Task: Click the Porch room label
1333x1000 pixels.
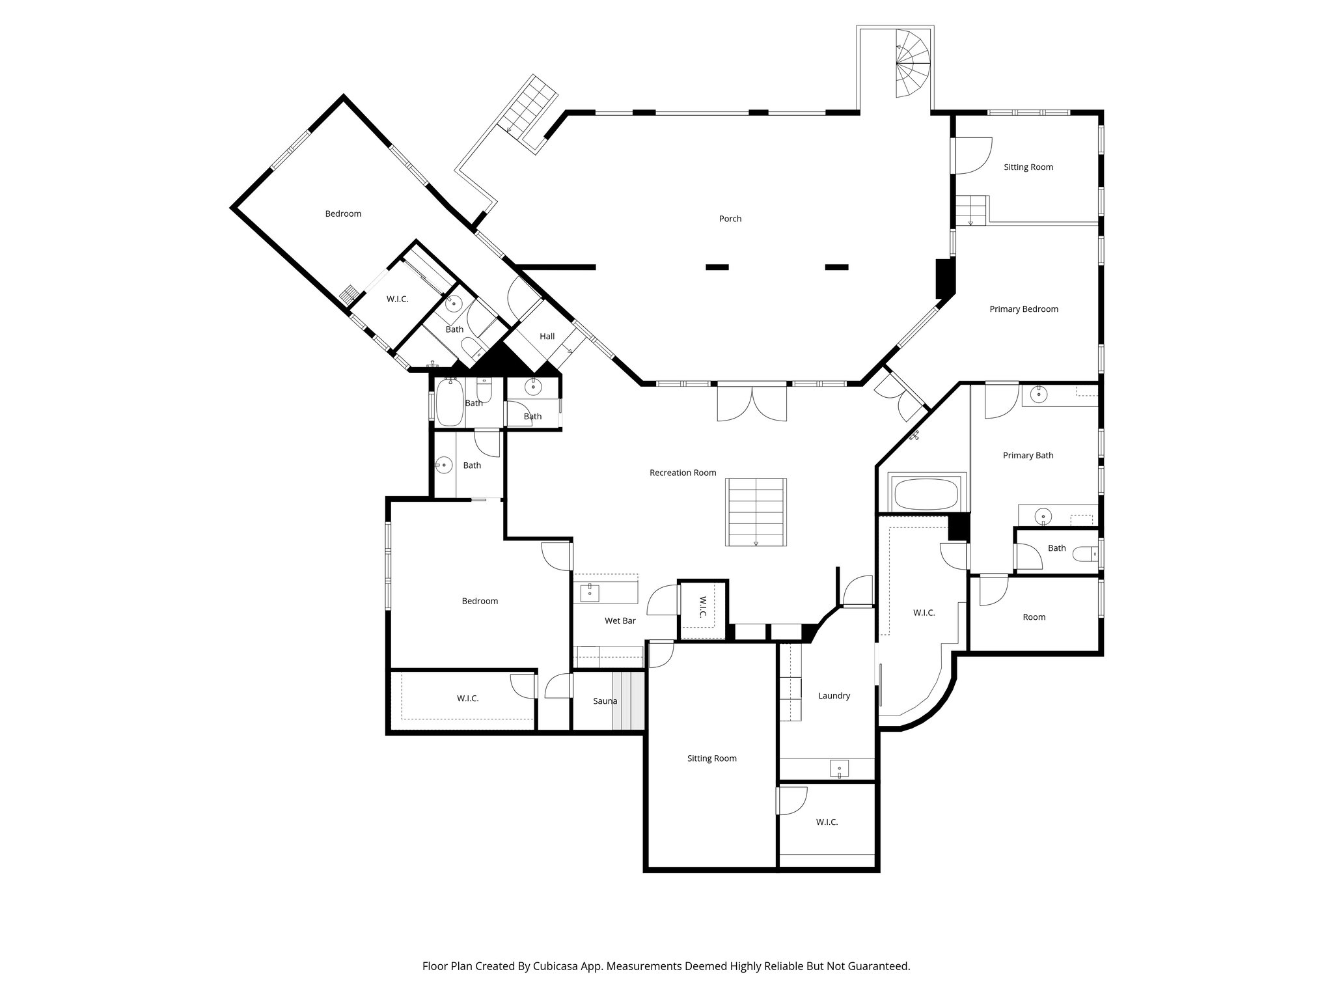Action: pyautogui.click(x=730, y=219)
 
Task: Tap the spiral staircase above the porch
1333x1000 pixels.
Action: pyautogui.click(x=913, y=64)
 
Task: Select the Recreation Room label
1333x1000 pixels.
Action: pyautogui.click(x=682, y=473)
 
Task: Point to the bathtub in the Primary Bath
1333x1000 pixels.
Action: pyautogui.click(x=926, y=494)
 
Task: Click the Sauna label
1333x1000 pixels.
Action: pyautogui.click(x=605, y=701)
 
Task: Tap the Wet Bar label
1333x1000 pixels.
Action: pyautogui.click(x=620, y=620)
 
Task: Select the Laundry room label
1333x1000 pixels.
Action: pyautogui.click(x=834, y=695)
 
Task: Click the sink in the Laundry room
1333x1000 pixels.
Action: pyautogui.click(x=839, y=768)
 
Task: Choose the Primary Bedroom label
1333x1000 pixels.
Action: pyautogui.click(x=1023, y=309)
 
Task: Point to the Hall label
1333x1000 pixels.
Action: pyautogui.click(x=547, y=336)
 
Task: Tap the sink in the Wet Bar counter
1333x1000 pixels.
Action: pyautogui.click(x=590, y=591)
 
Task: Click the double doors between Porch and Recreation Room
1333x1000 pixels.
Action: pyautogui.click(x=752, y=404)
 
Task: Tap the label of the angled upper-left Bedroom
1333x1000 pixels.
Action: pyautogui.click(x=343, y=214)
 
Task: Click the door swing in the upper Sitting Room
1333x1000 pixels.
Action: pyautogui.click(x=972, y=156)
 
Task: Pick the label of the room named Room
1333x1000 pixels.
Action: pyautogui.click(x=1034, y=617)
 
